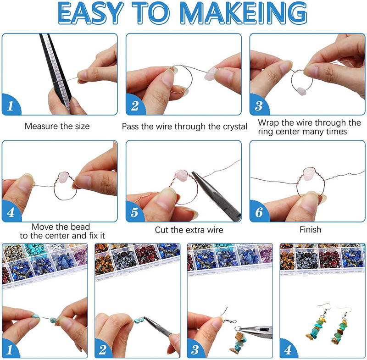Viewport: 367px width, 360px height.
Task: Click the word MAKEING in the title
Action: [244, 13]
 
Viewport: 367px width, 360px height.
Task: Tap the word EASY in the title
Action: [90, 13]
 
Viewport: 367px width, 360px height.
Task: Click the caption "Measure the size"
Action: [57, 126]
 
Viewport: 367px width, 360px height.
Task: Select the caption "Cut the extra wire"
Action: [189, 230]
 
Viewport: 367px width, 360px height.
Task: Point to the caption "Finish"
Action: [311, 230]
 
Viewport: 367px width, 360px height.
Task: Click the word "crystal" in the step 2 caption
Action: [235, 127]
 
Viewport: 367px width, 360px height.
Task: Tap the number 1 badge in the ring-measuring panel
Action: [11, 105]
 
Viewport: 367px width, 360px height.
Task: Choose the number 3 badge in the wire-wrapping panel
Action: [258, 105]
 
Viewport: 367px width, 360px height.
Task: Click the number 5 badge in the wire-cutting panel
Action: [134, 212]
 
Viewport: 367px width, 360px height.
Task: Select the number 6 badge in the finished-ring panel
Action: [259, 212]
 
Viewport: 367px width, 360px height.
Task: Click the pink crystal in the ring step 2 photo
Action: [211, 74]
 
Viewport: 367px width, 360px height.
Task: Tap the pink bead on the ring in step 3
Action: [301, 91]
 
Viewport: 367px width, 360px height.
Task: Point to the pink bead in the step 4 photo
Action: [63, 177]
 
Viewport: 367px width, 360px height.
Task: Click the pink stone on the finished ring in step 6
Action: [309, 174]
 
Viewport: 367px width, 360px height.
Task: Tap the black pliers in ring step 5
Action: [215, 195]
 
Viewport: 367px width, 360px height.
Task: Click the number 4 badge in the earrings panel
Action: [288, 349]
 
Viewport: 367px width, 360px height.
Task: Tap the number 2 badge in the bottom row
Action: [102, 349]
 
